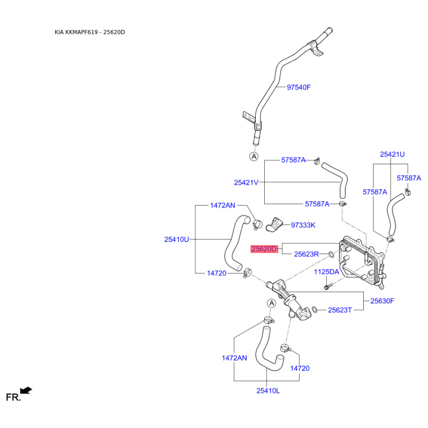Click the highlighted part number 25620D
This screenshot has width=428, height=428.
[x=264, y=249]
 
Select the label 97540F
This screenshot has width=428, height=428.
[x=299, y=87]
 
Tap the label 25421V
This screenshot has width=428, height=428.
[x=246, y=182]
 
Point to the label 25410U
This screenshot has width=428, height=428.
[x=177, y=239]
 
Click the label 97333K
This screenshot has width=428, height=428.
[x=303, y=225]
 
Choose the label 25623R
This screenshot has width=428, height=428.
[x=306, y=254]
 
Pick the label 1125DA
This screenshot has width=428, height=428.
[x=326, y=272]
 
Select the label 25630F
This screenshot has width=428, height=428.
[x=382, y=301]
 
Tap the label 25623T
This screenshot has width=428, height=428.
[x=340, y=310]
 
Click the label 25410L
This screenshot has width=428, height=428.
[x=268, y=391]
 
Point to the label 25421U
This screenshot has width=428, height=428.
[x=392, y=155]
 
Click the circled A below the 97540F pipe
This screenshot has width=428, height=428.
[x=254, y=157]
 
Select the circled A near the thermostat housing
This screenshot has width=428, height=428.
[x=271, y=303]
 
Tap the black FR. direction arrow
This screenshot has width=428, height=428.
[x=26, y=391]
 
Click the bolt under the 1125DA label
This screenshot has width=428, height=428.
[x=328, y=286]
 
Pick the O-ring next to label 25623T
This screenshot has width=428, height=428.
[x=315, y=309]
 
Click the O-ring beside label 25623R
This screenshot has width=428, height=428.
[x=331, y=255]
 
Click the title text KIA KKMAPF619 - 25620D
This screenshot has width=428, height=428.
[x=90, y=32]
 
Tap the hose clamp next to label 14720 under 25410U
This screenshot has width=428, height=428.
[x=247, y=273]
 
